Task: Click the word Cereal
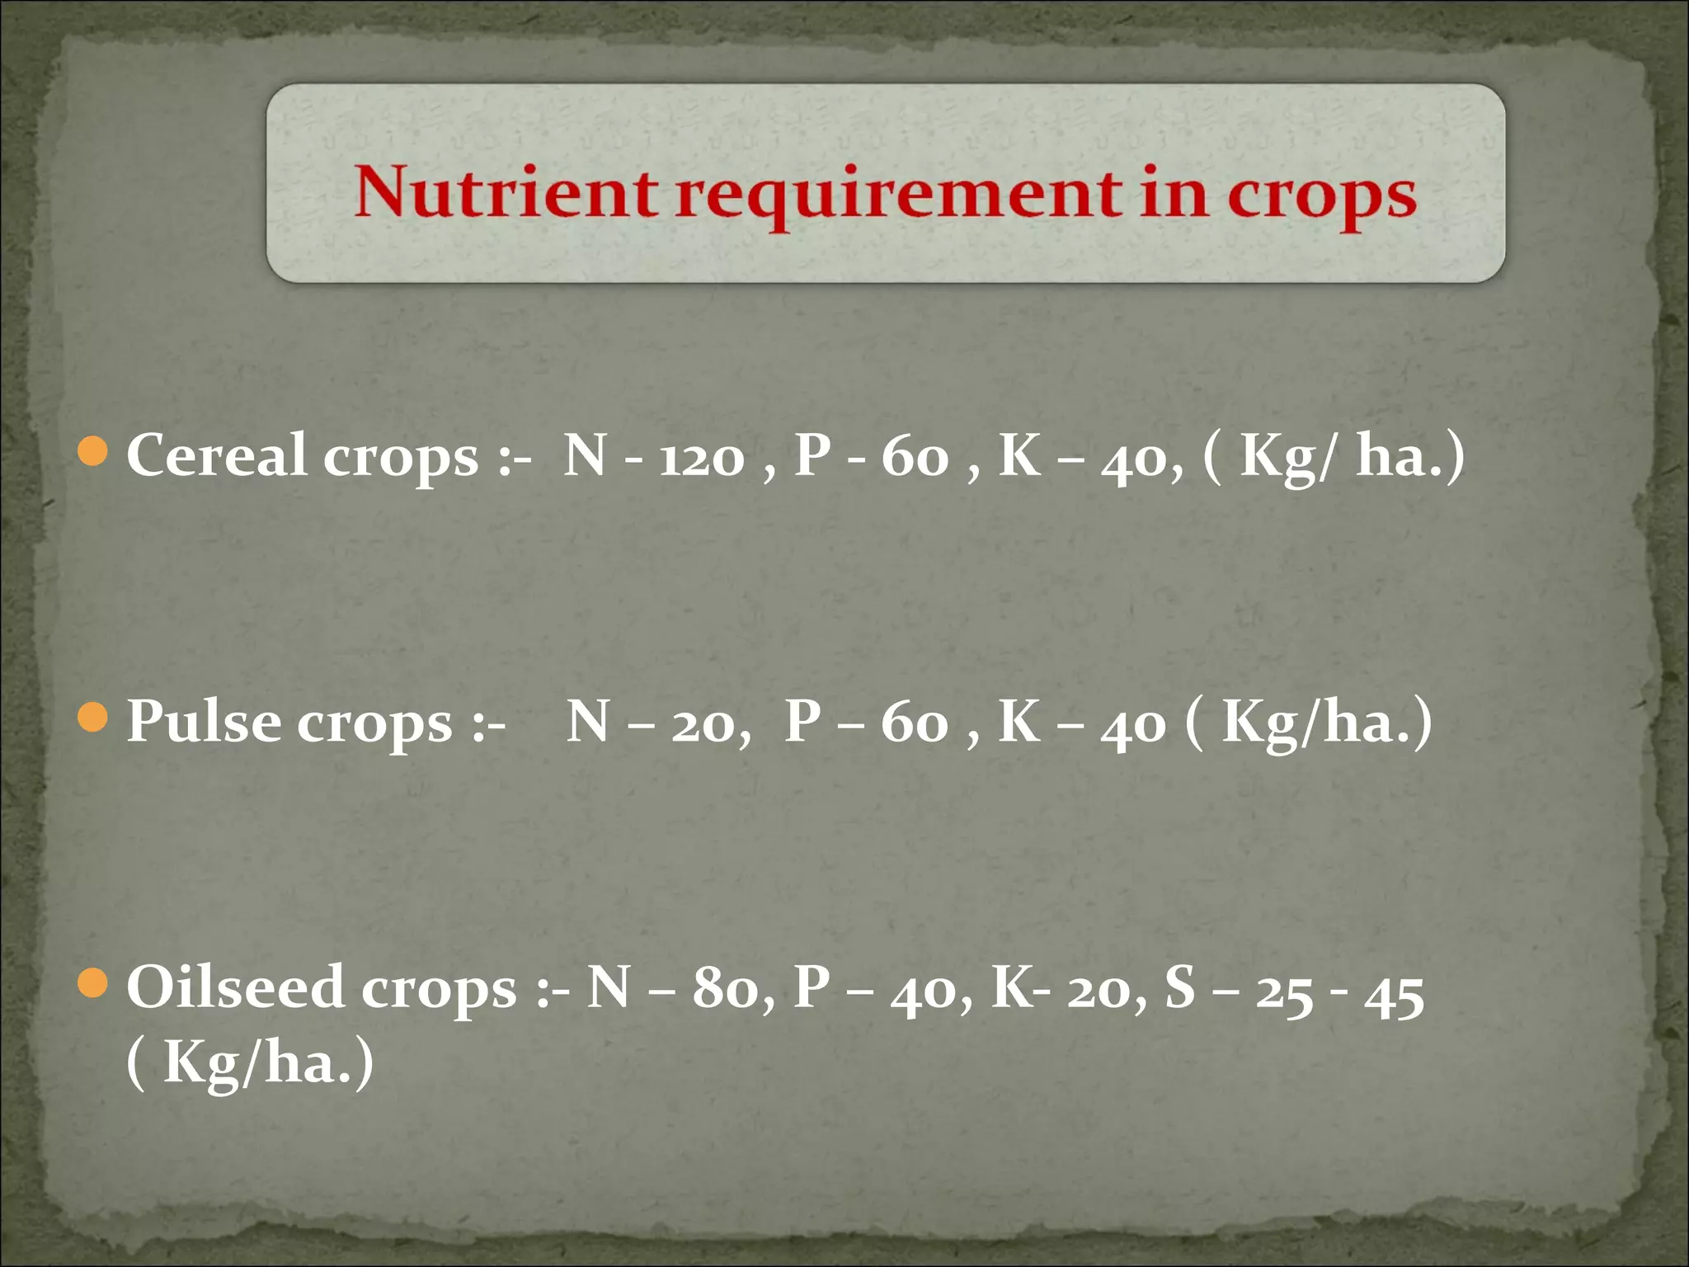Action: click(216, 455)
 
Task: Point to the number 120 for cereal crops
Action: click(702, 459)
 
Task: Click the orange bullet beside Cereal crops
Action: click(92, 451)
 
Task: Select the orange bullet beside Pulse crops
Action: click(92, 718)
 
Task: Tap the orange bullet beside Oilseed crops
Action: click(92, 983)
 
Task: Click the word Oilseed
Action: click(234, 987)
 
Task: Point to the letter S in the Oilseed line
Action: click(1180, 987)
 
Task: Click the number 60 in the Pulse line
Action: click(914, 724)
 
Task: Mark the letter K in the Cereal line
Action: click(1019, 455)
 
